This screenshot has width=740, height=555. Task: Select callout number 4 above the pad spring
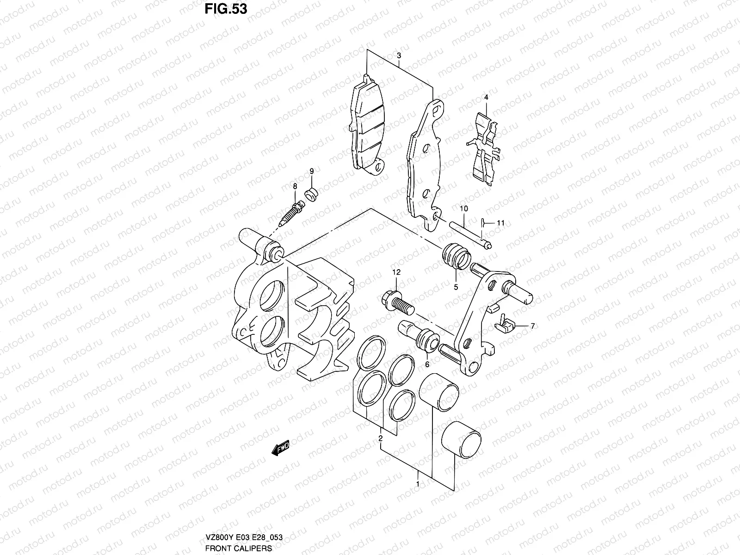point(486,97)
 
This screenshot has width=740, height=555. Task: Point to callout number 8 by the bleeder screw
point(295,186)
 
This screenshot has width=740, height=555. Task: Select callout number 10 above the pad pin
point(464,209)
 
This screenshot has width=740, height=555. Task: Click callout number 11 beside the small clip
point(500,223)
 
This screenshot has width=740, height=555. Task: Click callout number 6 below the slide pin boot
point(427,364)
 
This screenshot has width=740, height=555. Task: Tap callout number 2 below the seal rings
point(380,438)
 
